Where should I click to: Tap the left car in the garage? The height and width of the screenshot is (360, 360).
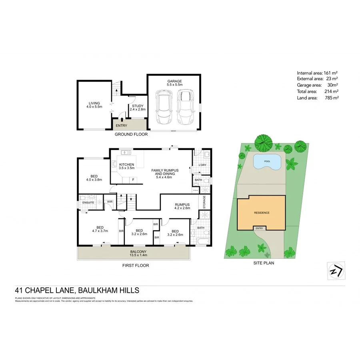163,107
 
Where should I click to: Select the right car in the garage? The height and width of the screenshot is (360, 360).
184,107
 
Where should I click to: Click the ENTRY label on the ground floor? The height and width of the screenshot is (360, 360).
121,126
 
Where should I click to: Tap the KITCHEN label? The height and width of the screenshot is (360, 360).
126,165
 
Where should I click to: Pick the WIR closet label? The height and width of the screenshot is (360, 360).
110,202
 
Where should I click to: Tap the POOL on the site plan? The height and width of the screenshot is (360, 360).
267,162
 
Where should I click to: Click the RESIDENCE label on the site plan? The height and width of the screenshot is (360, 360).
261,213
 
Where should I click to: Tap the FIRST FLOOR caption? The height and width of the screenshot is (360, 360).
136,265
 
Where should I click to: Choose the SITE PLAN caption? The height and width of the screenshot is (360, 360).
264,263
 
